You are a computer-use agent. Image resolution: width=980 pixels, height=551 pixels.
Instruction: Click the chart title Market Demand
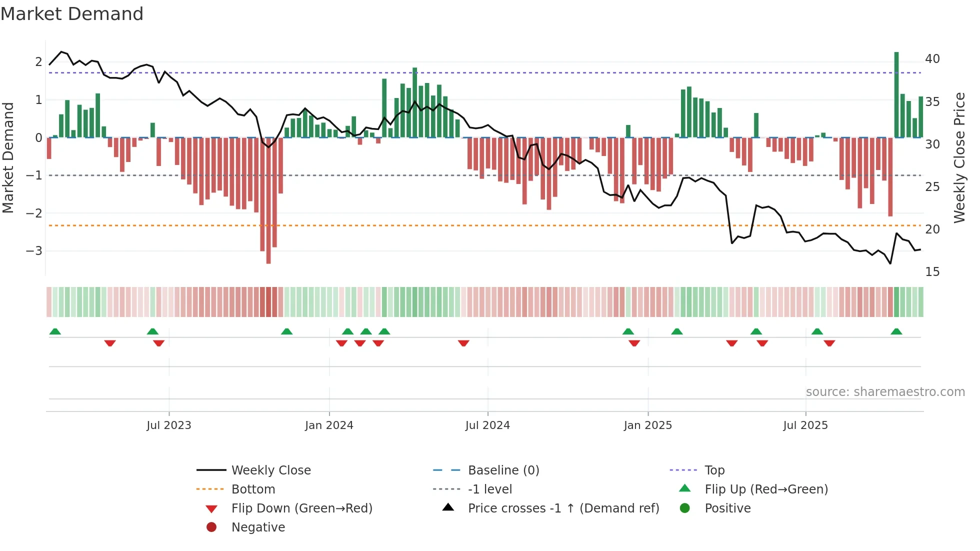pos(72,14)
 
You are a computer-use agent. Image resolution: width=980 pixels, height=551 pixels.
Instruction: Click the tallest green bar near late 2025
pos(896,95)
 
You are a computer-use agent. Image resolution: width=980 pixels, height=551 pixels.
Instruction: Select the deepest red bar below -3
pos(268,200)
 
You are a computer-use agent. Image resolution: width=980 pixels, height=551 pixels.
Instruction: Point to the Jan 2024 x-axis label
pos(329,425)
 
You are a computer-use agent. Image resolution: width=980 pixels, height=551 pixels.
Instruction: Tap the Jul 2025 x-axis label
pos(805,425)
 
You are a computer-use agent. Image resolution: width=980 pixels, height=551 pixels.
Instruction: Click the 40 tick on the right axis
pos(932,59)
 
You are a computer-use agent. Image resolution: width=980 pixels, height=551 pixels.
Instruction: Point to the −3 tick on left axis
pos(34,251)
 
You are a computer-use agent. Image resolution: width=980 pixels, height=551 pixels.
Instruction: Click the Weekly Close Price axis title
pos(959,157)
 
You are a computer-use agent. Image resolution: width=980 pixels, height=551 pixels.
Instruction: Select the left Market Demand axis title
pos(8,157)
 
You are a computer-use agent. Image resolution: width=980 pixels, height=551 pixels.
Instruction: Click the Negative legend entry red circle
pos(211,527)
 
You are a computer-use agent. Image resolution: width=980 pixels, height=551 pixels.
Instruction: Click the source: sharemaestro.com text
pos(885,392)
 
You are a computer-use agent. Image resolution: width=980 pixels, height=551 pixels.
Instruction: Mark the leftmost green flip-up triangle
pos(55,331)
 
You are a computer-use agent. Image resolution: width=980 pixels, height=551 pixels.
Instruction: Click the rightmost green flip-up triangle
pos(896,331)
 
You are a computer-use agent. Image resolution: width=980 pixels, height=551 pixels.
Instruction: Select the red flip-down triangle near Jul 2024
pos(463,343)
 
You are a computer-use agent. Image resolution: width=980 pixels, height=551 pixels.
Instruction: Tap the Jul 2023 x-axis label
pos(169,425)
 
